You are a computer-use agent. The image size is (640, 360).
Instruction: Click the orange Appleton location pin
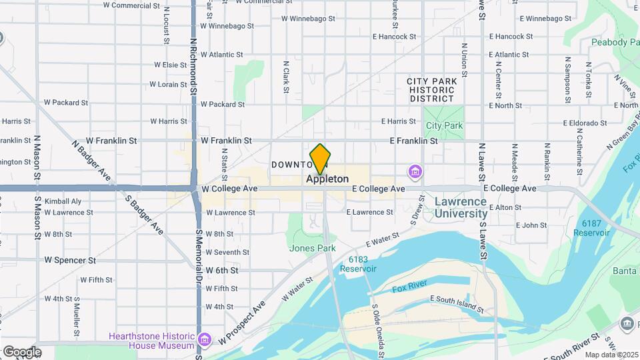point(321,159)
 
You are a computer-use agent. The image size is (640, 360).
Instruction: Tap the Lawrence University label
point(461,207)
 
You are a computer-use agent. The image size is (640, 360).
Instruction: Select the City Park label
point(444,125)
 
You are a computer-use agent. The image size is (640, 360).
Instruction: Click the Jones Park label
point(312,248)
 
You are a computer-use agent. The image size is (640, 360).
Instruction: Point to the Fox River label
point(409,289)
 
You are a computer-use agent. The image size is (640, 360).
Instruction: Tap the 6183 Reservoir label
point(358,264)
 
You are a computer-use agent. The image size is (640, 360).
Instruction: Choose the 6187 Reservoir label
point(591,228)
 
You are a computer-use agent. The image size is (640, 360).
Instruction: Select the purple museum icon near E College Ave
point(415,173)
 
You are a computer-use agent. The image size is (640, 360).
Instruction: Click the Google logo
point(21,352)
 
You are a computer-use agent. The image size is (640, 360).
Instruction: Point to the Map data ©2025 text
point(611,355)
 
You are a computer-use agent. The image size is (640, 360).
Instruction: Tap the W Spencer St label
point(70,259)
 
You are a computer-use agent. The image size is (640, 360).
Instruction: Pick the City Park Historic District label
point(432,90)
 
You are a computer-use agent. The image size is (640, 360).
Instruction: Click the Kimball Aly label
point(63,201)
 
